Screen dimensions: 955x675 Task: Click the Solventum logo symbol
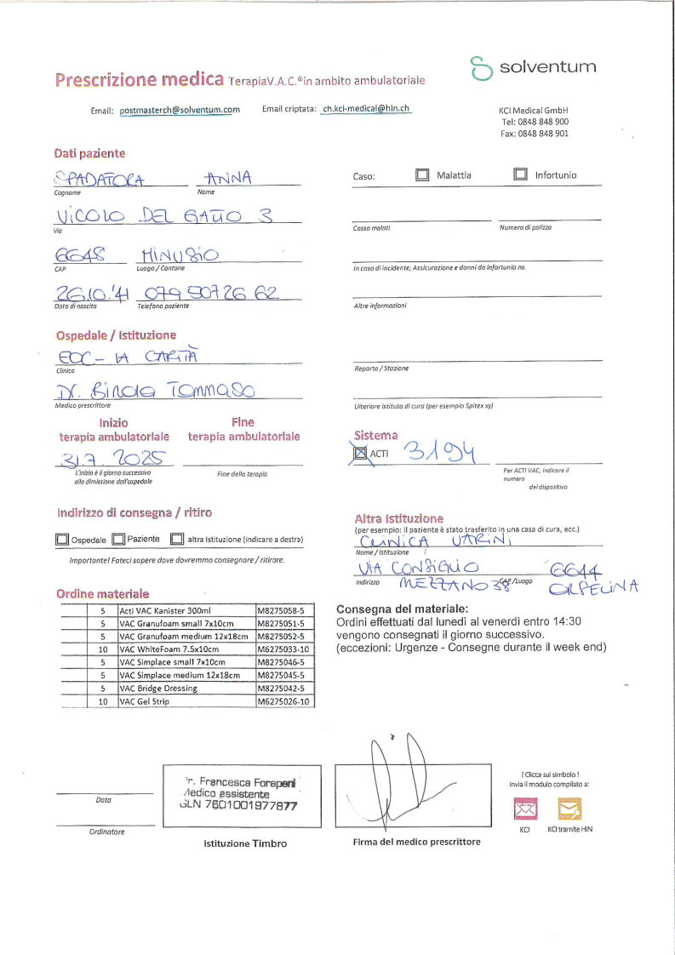pyautogui.click(x=482, y=69)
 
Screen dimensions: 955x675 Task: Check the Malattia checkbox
pyautogui.click(x=422, y=175)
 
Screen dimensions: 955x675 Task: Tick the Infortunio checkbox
pyautogui.click(x=521, y=175)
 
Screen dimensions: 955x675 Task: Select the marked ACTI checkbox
pyautogui.click(x=359, y=454)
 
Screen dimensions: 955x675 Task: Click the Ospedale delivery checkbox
pyautogui.click(x=61, y=540)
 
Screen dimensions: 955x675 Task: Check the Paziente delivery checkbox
pyautogui.click(x=119, y=540)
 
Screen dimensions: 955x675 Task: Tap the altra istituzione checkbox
pyautogui.click(x=177, y=540)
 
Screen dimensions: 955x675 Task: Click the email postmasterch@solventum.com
pyautogui.click(x=180, y=110)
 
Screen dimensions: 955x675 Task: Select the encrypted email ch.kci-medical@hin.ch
pyautogui.click(x=366, y=109)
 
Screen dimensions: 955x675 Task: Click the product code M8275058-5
pyautogui.click(x=284, y=611)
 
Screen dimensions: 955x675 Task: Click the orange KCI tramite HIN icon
pyautogui.click(x=569, y=807)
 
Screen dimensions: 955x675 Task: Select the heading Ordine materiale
pyautogui.click(x=102, y=593)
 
